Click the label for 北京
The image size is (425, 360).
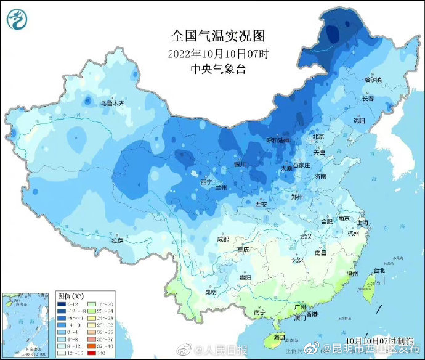click(x=318, y=136)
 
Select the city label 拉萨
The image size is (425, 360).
click(x=118, y=240)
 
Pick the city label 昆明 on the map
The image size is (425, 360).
click(x=211, y=292)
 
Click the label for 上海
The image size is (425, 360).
click(x=363, y=223)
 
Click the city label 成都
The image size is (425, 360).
click(x=222, y=239)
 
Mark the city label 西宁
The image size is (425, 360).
click(x=206, y=182)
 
